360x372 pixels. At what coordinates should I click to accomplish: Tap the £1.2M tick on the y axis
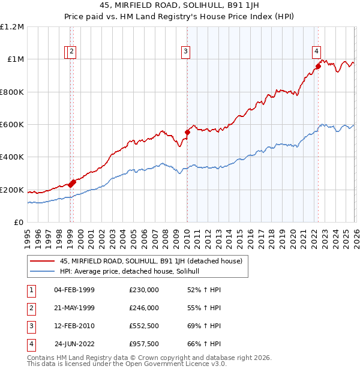[12, 27]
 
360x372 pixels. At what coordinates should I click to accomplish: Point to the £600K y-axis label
[12, 125]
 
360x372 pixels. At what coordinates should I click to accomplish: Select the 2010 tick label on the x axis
[187, 233]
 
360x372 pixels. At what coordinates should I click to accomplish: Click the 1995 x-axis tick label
[28, 233]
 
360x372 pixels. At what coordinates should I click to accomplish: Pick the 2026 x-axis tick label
[355, 233]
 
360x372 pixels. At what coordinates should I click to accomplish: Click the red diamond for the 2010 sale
[187, 132]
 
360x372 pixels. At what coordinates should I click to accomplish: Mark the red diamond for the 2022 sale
[318, 66]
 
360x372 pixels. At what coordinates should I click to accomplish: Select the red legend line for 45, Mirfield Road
[42, 261]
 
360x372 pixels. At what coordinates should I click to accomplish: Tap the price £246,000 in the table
[144, 307]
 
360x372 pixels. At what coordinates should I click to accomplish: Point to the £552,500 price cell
[144, 326]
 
